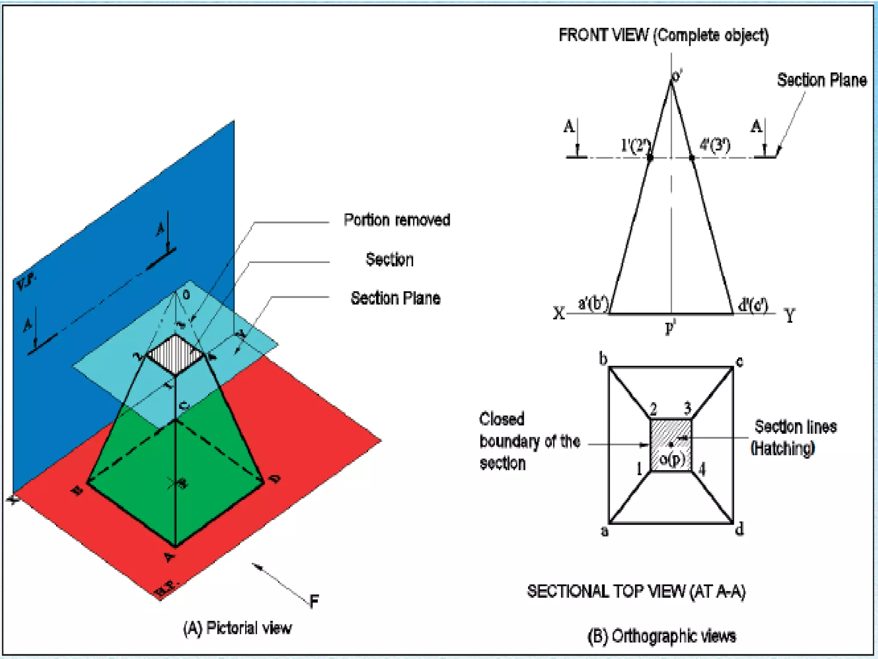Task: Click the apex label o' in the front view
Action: pos(677,76)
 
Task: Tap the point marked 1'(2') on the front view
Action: pos(650,158)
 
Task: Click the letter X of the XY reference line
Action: pos(559,313)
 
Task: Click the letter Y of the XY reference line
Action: pos(789,316)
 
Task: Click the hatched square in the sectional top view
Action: pos(671,445)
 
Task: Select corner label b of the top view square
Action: pos(603,359)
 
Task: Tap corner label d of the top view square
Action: pos(740,529)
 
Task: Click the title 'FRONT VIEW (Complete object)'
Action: pos(663,35)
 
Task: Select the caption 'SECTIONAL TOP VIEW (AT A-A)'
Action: pos(636,591)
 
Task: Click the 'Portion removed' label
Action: pos(397,220)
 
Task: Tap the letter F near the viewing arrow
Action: pos(314,601)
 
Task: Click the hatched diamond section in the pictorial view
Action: pos(175,354)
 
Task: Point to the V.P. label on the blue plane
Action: pos(26,282)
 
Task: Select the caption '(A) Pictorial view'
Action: pos(237,628)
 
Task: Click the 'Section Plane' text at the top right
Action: pos(821,80)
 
